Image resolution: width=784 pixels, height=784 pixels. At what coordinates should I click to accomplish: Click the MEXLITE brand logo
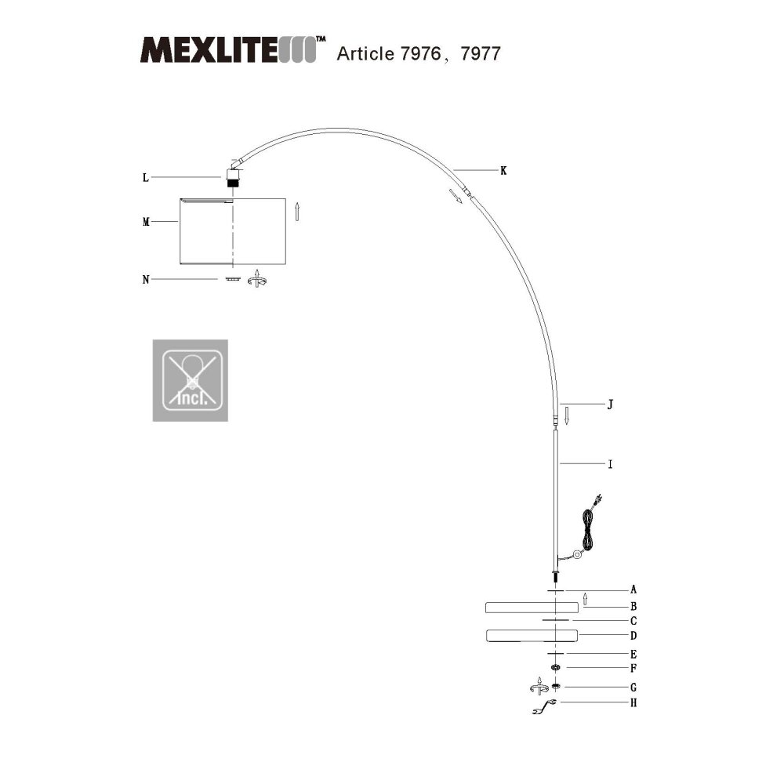point(233,49)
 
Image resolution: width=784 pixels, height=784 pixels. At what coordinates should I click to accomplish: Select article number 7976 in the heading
point(421,53)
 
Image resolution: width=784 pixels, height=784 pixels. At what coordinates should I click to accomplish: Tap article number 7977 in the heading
point(480,53)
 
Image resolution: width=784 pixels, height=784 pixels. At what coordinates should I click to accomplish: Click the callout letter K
point(503,171)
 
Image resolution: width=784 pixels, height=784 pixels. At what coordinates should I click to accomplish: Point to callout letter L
point(146,177)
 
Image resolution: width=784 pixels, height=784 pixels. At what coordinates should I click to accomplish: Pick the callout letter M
point(146,222)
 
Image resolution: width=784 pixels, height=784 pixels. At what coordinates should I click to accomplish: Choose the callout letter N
point(146,280)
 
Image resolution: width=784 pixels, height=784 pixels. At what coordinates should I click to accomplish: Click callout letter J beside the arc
point(610,405)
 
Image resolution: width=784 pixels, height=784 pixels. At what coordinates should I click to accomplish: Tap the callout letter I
point(610,464)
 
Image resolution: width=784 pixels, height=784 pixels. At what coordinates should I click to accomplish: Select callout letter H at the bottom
point(633,703)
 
